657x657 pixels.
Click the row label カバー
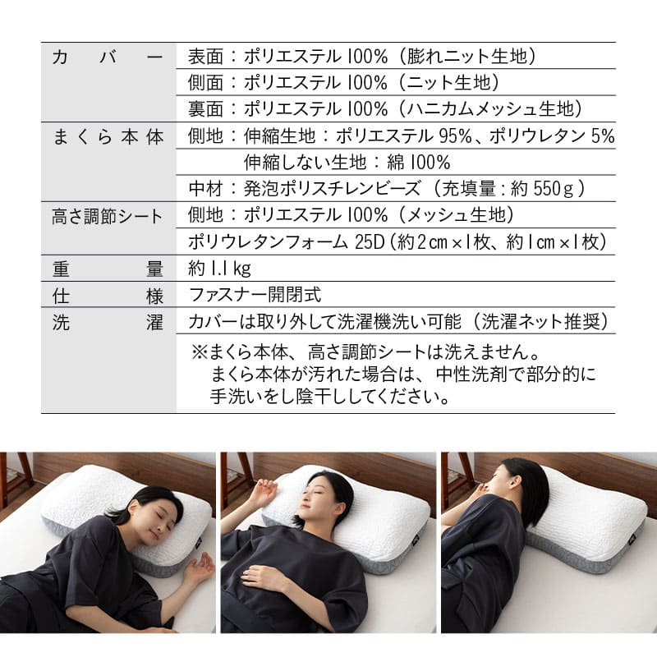tap(108, 57)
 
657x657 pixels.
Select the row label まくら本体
tap(108, 136)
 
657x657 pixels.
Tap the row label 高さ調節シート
tap(108, 215)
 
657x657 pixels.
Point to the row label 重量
tap(108, 268)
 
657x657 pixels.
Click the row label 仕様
tap(108, 294)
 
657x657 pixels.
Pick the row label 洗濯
tap(108, 321)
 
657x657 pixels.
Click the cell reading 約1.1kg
tap(219, 268)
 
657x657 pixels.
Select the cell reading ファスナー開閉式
tap(255, 294)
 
